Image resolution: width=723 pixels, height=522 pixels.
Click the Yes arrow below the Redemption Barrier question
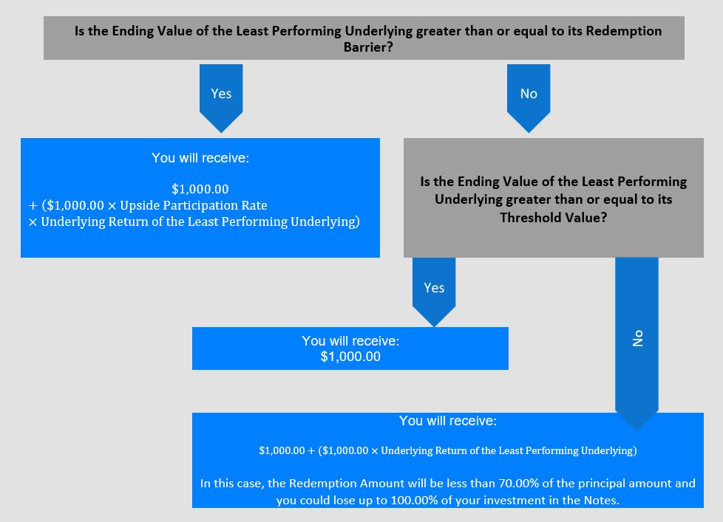click(221, 98)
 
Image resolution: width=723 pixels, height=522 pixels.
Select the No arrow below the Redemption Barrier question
click(529, 98)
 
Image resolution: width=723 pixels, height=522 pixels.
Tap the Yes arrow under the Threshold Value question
click(434, 292)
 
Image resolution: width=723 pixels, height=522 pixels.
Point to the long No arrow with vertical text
click(637, 344)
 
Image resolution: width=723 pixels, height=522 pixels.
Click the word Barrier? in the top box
click(368, 47)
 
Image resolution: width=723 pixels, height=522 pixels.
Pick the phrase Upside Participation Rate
click(194, 205)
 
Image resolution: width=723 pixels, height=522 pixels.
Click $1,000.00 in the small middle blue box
click(350, 357)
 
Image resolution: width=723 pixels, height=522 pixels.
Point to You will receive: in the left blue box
click(200, 158)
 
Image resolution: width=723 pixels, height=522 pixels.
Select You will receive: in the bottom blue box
click(448, 421)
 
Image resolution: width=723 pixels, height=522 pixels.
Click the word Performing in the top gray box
click(306, 31)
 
